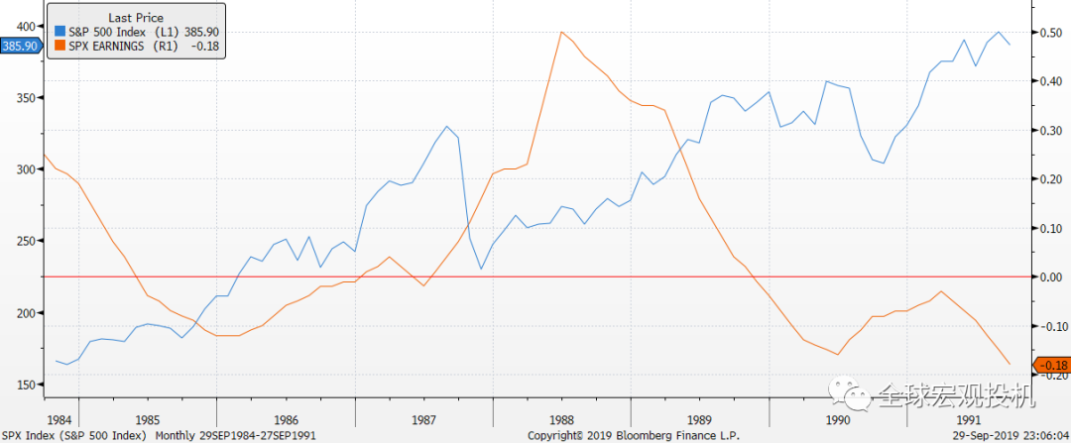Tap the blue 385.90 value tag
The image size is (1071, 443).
point(20,46)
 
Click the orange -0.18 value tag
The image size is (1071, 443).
point(1051,366)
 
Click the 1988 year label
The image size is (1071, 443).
point(562,419)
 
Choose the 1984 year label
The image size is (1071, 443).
point(61,419)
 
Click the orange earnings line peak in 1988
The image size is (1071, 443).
point(561,32)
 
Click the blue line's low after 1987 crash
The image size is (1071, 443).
point(481,269)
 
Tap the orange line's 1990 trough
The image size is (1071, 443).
point(839,355)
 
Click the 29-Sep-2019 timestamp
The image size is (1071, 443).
point(1002,435)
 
